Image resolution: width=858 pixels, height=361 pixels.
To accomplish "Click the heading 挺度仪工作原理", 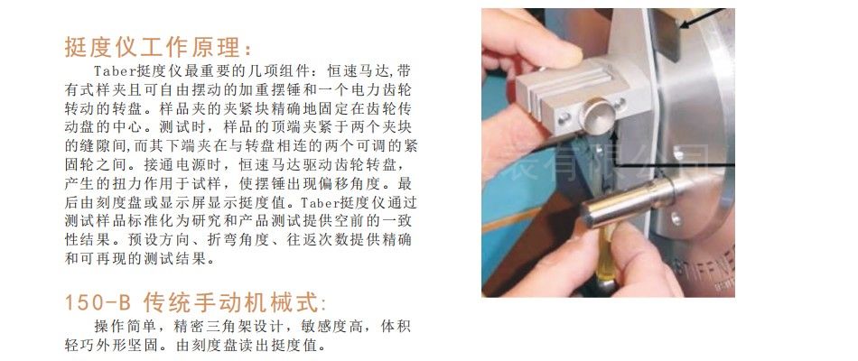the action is tap(154, 47).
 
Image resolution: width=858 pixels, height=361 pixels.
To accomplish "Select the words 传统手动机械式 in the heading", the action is tap(230, 302).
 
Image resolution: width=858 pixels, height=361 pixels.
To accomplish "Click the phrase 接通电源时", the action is tap(175, 164).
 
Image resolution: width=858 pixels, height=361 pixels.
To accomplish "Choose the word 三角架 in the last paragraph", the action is tap(230, 327).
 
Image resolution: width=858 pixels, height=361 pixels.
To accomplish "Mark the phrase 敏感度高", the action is tap(331, 327).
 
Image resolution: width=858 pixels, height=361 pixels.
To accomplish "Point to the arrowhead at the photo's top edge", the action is tap(683, 24).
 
